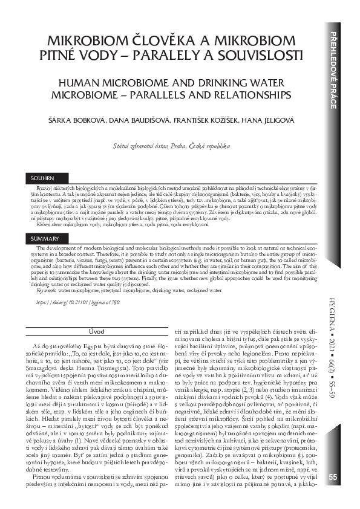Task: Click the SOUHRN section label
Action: tap(42, 179)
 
